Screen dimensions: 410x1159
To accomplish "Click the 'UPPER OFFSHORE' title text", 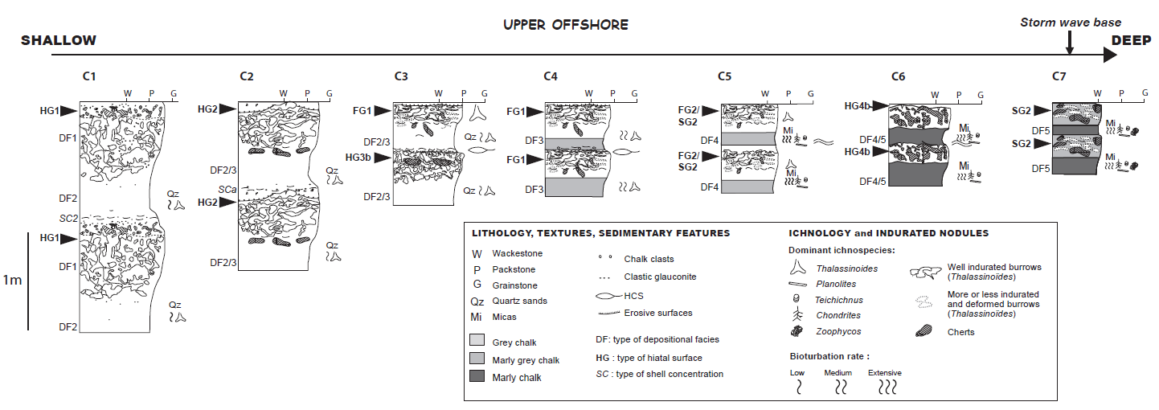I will [565, 25].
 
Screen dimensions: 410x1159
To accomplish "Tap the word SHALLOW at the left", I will [58, 40].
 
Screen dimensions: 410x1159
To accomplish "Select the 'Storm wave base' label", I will [1070, 23].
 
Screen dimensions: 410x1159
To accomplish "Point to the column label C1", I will [89, 76].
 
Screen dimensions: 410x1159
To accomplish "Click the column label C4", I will [551, 76].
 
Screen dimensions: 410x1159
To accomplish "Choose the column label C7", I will [1059, 76].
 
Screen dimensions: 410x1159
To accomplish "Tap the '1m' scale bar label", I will [12, 281].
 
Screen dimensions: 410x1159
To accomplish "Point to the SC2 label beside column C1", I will [68, 219].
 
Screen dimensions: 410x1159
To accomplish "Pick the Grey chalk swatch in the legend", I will [478, 342].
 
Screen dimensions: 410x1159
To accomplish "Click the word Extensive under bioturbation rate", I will [884, 373].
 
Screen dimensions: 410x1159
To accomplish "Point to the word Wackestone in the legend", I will [517, 254].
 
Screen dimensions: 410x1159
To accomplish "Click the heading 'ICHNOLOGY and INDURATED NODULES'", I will [889, 233].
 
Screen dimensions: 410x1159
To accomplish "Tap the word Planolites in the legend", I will [837, 284].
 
